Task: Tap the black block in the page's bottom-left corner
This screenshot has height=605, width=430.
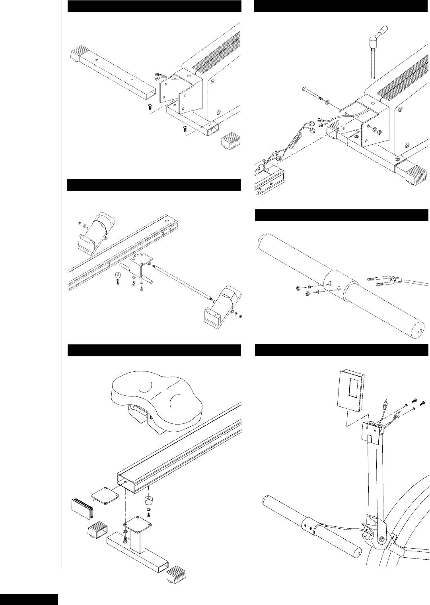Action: tap(29, 599)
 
